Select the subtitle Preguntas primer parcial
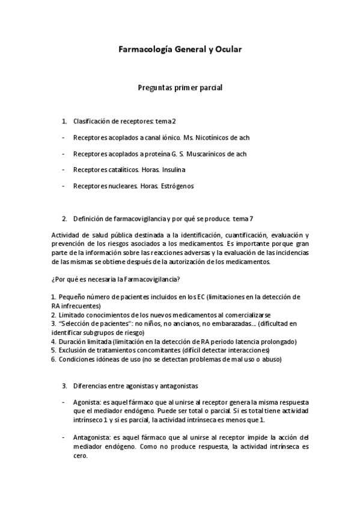[180, 88]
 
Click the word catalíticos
[120, 170]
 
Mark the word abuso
[269, 359]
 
